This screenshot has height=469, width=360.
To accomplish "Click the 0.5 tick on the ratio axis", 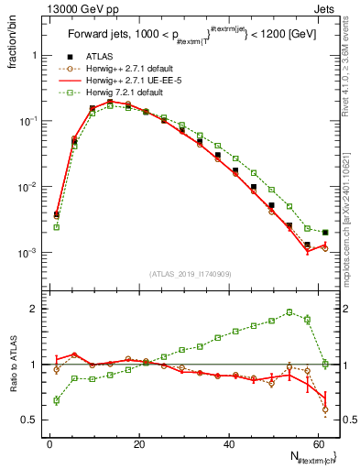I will pyautogui.click(x=29, y=420).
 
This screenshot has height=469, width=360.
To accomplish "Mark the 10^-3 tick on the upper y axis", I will pyautogui.click(x=26, y=253).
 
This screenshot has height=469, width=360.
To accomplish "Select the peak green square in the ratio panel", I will pyautogui.click(x=289, y=311).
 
